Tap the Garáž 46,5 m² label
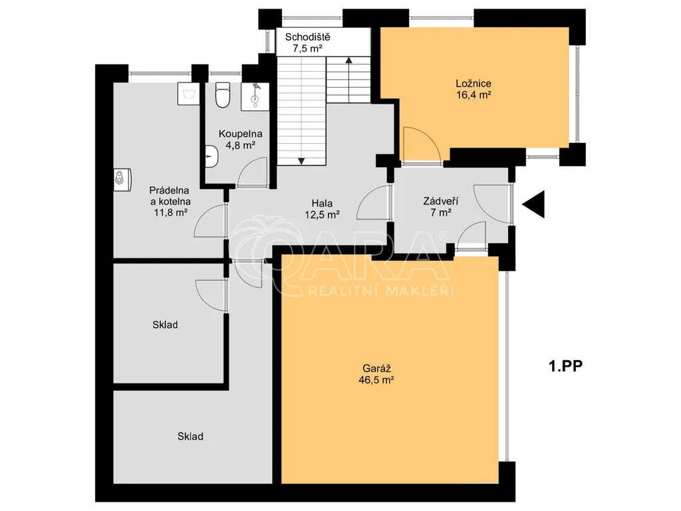(376, 374)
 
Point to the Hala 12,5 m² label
(322, 208)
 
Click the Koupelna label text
(240, 134)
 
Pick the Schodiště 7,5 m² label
(307, 43)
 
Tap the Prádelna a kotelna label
(170, 196)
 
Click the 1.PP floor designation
(565, 366)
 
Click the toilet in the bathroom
(223, 95)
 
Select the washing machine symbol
(188, 93)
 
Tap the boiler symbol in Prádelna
(122, 180)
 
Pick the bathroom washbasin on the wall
(211, 156)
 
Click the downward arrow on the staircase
(301, 161)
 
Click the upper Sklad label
(165, 325)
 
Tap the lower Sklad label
(190, 436)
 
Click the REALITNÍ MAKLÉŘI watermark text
(380, 291)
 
